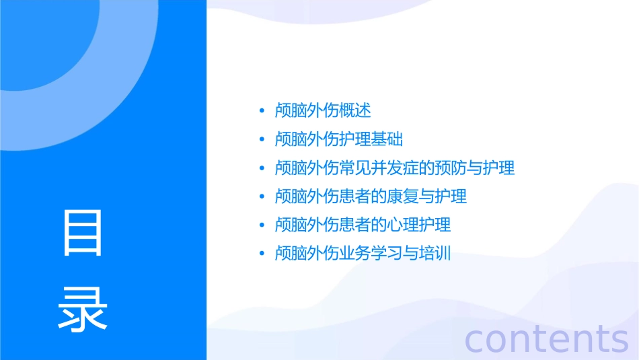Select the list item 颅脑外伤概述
click(323, 110)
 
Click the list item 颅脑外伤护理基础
click(338, 139)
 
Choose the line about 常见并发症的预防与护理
click(395, 168)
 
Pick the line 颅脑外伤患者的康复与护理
click(371, 196)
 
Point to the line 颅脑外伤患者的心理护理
click(363, 225)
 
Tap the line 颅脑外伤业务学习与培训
click(363, 254)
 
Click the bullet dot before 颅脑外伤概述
click(262, 111)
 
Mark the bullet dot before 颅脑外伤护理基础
click(262, 140)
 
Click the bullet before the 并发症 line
click(262, 168)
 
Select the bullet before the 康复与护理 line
click(262, 197)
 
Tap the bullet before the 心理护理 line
click(262, 225)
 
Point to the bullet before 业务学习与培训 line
click(262, 254)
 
